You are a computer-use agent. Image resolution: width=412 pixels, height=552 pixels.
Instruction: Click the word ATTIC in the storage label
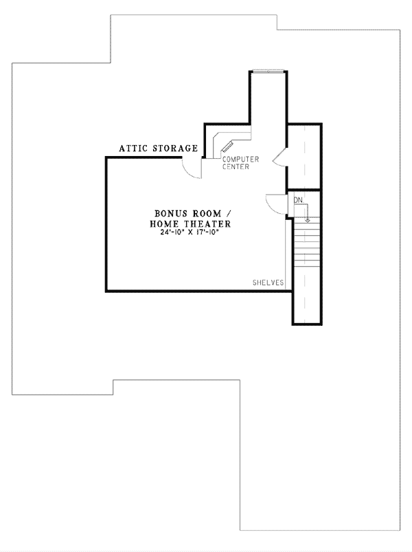point(133,148)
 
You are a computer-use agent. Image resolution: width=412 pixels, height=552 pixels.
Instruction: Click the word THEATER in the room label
point(205,224)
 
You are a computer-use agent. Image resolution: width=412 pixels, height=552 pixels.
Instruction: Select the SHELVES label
point(268,283)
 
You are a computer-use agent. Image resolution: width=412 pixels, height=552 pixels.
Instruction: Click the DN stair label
point(299,200)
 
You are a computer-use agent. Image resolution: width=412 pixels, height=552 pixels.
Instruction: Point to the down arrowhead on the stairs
point(308,220)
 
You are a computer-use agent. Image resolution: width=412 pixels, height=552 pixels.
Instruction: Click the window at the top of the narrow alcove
point(268,71)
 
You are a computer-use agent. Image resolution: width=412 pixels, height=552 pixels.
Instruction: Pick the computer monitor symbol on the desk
point(227,146)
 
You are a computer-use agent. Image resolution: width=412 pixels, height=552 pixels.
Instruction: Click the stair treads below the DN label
point(306,254)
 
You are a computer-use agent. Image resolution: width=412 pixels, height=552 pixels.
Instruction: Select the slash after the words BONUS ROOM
point(226,213)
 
